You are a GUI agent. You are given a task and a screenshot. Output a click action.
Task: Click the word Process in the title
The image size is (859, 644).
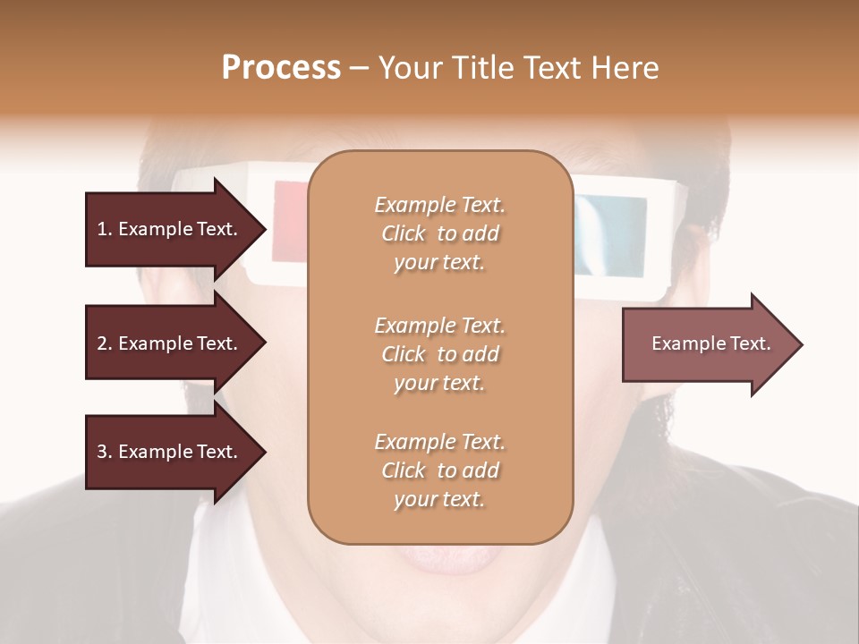click(281, 68)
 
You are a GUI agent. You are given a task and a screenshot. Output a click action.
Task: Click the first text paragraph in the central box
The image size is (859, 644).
click(439, 233)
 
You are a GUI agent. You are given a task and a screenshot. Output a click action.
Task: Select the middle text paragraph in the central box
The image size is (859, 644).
click(439, 354)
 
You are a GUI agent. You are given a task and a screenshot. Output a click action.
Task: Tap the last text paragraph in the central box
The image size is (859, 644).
click(439, 470)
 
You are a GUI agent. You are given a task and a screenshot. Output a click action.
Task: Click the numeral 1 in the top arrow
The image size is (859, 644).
click(102, 229)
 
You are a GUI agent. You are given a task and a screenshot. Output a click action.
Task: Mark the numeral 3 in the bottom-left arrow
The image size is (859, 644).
click(102, 452)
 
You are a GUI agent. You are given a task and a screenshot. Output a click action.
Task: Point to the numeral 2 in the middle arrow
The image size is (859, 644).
click(102, 343)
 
